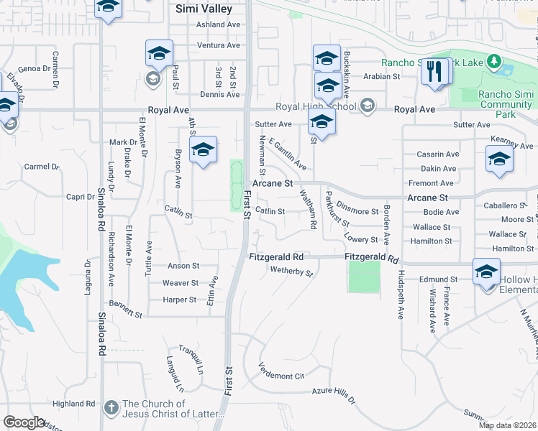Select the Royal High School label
316,108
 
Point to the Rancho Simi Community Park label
506,105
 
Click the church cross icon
111,408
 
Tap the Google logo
24,422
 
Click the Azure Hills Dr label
334,392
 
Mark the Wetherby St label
291,272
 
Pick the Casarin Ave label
438,154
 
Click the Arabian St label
381,76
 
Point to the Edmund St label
439,279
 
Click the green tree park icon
493,62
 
